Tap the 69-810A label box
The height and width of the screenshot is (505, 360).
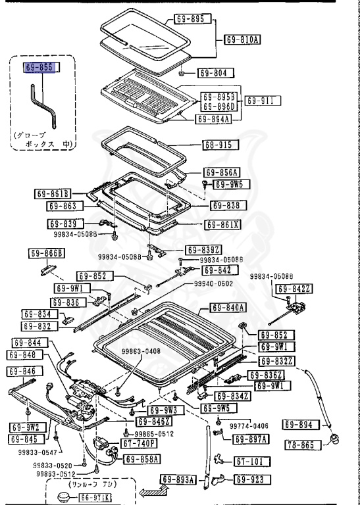pos(242,39)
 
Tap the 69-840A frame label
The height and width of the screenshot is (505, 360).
pos(228,307)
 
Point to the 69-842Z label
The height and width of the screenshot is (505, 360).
pos(292,289)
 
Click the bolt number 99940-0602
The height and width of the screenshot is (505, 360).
pos(213,283)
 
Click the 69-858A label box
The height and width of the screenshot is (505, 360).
pos(142,460)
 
